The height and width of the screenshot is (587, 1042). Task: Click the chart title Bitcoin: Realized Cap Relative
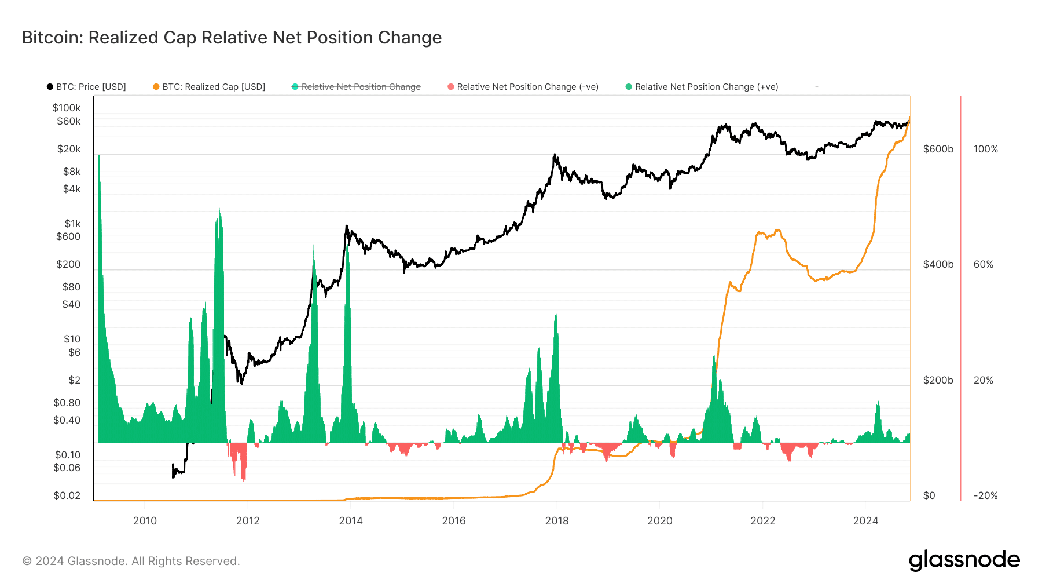(232, 38)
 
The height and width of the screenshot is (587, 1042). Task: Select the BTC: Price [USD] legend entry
(87, 87)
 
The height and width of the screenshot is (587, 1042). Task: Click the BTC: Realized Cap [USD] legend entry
(209, 87)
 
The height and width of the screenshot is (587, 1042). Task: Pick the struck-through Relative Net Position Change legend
(357, 87)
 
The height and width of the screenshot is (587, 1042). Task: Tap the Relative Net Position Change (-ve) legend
(523, 87)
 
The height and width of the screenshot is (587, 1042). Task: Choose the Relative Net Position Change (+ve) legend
(702, 87)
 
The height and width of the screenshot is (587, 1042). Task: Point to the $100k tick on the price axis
(67, 108)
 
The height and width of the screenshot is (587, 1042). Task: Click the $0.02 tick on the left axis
(67, 495)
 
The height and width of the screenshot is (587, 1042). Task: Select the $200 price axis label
(68, 264)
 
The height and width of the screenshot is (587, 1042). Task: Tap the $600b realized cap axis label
(938, 149)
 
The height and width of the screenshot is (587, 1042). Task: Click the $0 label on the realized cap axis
(929, 495)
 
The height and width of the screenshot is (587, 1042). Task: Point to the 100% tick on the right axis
(985, 149)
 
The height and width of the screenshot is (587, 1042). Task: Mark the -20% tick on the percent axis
(985, 495)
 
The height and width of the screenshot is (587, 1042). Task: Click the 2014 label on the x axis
(351, 520)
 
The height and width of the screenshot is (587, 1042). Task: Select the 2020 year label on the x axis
(660, 520)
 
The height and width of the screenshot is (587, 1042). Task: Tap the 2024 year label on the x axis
(865, 520)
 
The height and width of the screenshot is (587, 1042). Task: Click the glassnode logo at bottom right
(964, 560)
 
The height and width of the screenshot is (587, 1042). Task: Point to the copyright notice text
(131, 561)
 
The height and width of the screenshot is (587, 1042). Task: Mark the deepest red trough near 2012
(244, 478)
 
